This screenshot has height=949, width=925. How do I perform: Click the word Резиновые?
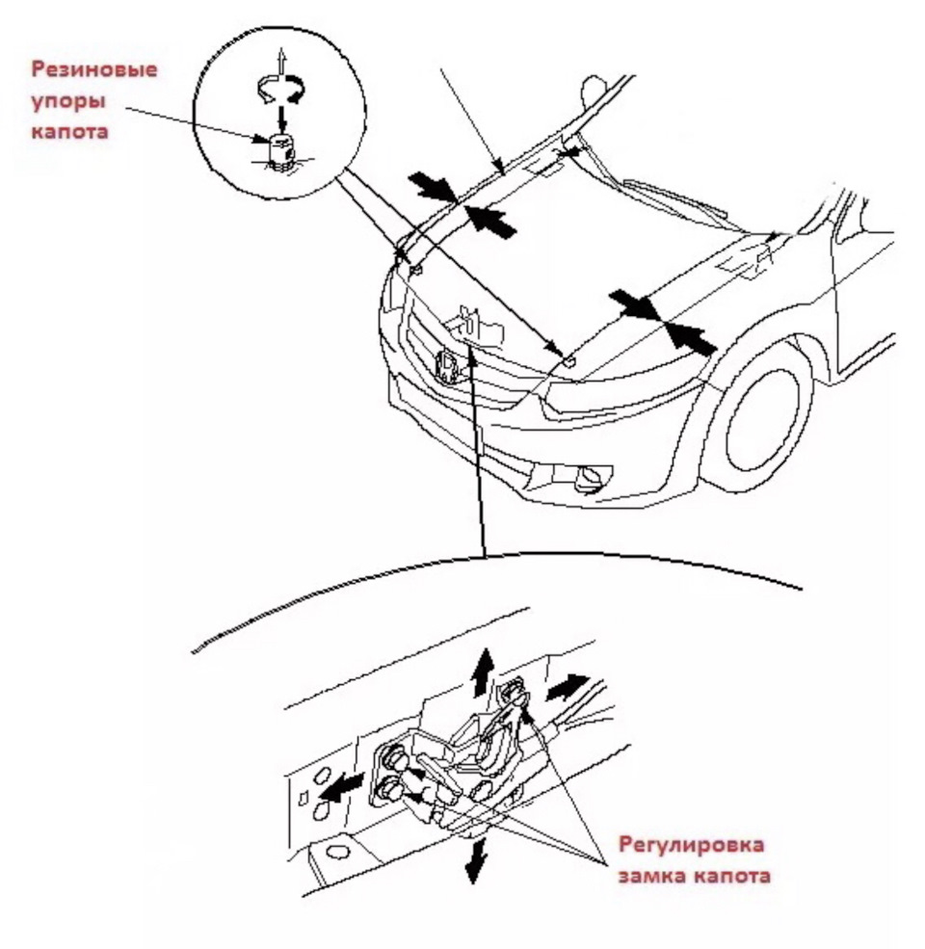tap(93, 69)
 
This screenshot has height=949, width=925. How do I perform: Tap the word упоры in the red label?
tap(67, 101)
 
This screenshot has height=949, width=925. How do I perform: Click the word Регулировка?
tap(691, 844)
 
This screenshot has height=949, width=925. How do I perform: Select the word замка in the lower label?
tap(652, 875)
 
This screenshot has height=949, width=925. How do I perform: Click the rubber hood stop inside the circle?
tap(279, 151)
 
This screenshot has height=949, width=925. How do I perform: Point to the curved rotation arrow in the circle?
tap(280, 90)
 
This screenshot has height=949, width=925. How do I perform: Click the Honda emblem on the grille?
tap(448, 367)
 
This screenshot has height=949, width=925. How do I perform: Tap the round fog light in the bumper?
tap(588, 479)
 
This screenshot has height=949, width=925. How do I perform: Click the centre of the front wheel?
tap(761, 421)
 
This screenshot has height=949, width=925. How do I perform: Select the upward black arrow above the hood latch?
tap(483, 672)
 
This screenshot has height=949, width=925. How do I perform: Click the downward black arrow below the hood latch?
tap(476, 859)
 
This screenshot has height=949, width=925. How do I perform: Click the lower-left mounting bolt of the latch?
tap(388, 790)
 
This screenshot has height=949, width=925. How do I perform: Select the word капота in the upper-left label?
tap(69, 132)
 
